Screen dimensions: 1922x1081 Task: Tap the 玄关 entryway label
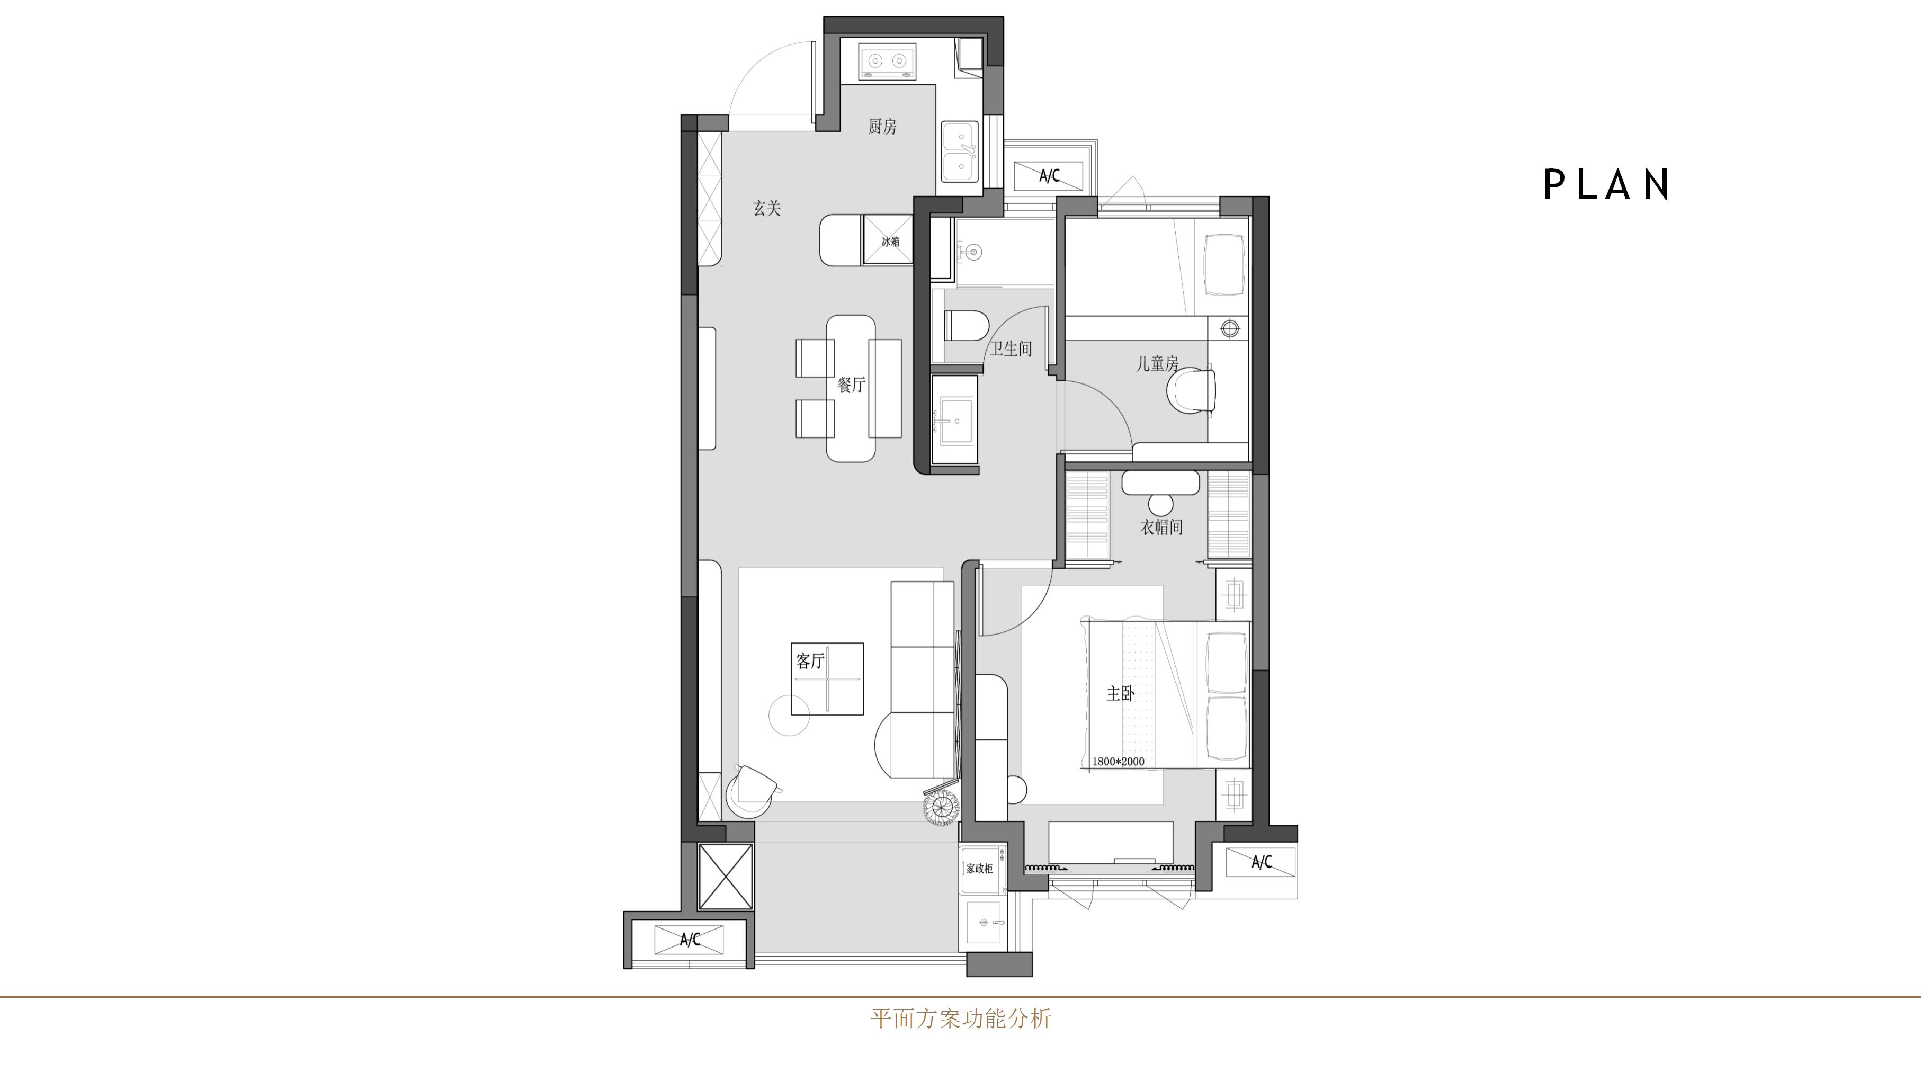tap(767, 208)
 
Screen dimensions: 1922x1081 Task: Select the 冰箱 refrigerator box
tap(888, 240)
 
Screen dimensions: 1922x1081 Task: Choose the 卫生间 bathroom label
tap(1011, 349)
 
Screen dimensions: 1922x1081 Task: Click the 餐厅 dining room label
tap(851, 385)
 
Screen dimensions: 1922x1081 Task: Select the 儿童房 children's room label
tap(1157, 364)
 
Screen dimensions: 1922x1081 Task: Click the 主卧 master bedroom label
tap(1121, 694)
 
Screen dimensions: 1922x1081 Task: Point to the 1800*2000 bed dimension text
tap(1118, 762)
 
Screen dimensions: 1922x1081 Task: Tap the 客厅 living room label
tap(810, 661)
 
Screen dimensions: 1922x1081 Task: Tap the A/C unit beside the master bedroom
tap(1261, 862)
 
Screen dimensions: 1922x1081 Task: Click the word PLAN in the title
tap(1607, 184)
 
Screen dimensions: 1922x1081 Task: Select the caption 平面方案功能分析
tap(961, 1019)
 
